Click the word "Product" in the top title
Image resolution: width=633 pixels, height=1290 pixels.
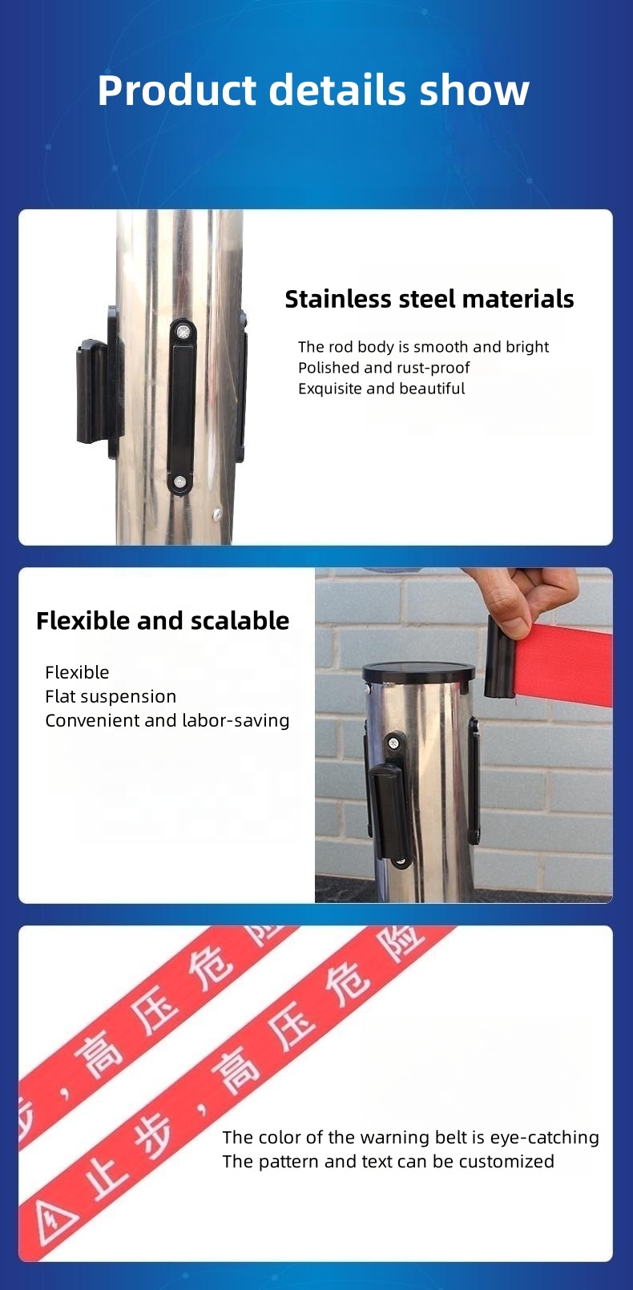click(x=176, y=90)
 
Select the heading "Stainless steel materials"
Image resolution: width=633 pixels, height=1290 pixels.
click(x=429, y=299)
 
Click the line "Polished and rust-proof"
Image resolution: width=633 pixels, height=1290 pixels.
click(x=384, y=368)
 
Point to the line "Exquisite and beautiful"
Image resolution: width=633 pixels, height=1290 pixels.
click(x=381, y=389)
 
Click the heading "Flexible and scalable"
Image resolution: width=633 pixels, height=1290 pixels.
click(x=163, y=621)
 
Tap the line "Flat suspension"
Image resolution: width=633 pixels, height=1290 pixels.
click(x=111, y=696)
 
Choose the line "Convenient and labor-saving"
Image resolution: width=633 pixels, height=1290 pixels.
click(x=167, y=720)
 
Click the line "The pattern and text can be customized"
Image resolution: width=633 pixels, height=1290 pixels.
click(x=388, y=1161)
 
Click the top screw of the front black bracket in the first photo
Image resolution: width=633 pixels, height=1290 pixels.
click(x=183, y=330)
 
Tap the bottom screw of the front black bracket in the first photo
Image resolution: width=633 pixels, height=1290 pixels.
click(x=180, y=482)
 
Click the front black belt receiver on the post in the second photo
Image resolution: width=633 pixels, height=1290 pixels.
click(x=389, y=809)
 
